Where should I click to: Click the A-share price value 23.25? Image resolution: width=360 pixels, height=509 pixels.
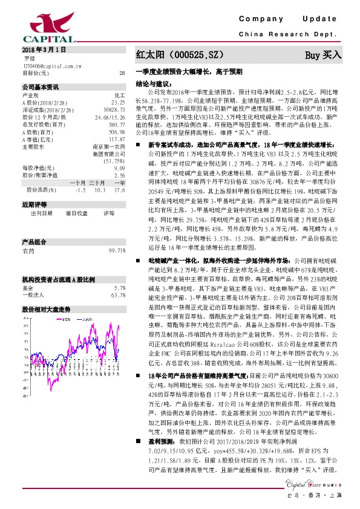[x=119, y=103]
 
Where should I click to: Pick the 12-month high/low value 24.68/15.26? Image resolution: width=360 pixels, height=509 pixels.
[x=110, y=117]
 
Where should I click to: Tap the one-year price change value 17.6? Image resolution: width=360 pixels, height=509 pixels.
[x=119, y=189]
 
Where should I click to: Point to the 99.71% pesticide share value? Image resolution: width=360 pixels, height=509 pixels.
[x=117, y=250]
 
